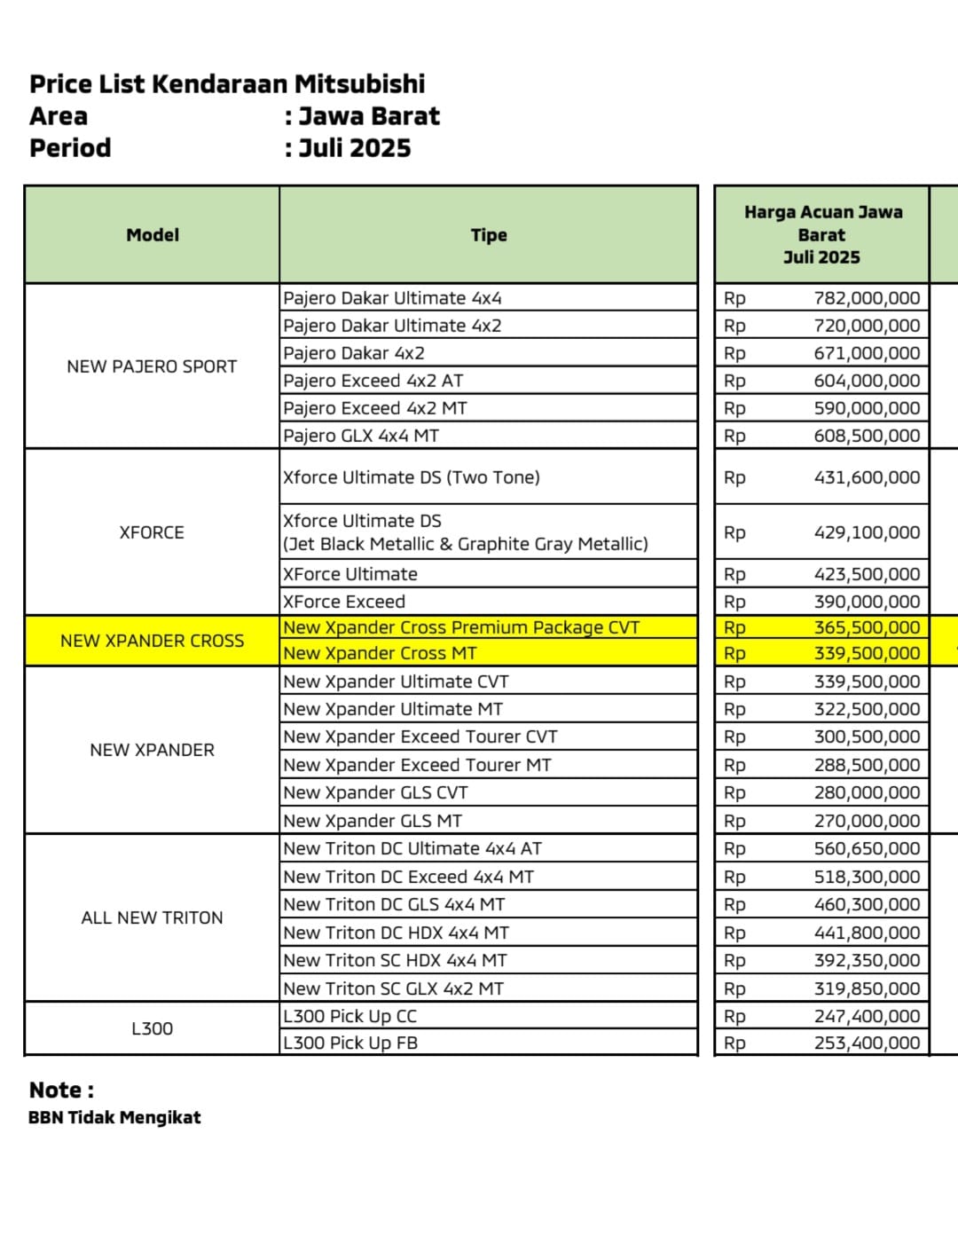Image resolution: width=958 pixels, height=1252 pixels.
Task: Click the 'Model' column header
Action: coord(153,235)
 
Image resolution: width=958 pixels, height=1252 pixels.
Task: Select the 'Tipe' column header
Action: coord(489,235)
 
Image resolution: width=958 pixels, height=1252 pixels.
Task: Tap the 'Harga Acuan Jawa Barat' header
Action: coord(822,234)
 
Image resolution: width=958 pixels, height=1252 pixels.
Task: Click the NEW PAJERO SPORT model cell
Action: coord(152,366)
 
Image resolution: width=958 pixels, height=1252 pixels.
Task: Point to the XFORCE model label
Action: coord(152,532)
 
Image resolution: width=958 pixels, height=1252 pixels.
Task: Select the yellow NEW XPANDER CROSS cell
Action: coord(152,641)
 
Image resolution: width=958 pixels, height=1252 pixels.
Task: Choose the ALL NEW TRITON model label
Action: coord(152,917)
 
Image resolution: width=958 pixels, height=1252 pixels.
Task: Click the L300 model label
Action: coord(152,1028)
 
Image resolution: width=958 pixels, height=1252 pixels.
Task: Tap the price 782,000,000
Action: coord(867,298)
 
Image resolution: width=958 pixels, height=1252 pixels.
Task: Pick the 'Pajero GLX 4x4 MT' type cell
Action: coord(361,436)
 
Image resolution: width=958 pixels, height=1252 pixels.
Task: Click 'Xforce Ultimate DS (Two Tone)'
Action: coord(412,477)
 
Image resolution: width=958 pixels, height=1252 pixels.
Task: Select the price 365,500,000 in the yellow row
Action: coord(867,627)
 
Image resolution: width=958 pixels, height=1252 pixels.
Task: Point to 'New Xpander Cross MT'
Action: coord(380,653)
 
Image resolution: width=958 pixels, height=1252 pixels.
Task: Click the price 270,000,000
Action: coord(867,821)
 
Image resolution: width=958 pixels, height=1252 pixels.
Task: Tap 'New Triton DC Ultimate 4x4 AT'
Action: coord(412,848)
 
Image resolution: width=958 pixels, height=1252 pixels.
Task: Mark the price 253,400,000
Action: coord(867,1043)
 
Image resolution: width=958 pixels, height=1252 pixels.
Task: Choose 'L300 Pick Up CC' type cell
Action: coord(349,1016)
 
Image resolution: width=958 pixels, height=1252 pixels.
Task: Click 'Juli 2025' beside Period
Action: coord(355,148)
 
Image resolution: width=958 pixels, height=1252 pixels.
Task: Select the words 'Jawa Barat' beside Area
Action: coord(369,116)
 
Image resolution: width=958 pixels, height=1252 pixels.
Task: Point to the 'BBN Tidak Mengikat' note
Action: coord(114,1117)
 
